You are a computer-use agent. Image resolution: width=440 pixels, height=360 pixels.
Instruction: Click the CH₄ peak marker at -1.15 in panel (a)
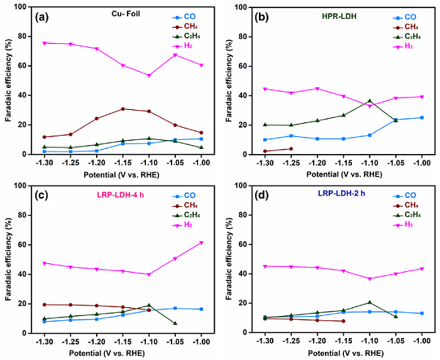[x=123, y=109]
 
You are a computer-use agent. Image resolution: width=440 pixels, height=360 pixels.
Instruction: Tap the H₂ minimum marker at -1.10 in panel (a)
[x=149, y=76]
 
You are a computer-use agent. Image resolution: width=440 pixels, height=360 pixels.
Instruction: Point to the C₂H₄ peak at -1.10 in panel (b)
[x=370, y=100]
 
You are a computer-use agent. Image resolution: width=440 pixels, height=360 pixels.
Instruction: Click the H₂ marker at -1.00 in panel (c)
[x=201, y=243]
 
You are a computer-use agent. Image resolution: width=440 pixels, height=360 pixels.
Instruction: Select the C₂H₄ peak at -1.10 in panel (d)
[x=370, y=302]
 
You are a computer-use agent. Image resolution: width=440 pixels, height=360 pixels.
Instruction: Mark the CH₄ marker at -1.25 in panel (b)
[x=291, y=149]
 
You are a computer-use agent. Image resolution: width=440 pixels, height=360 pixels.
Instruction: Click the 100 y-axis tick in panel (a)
[x=29, y=7]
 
